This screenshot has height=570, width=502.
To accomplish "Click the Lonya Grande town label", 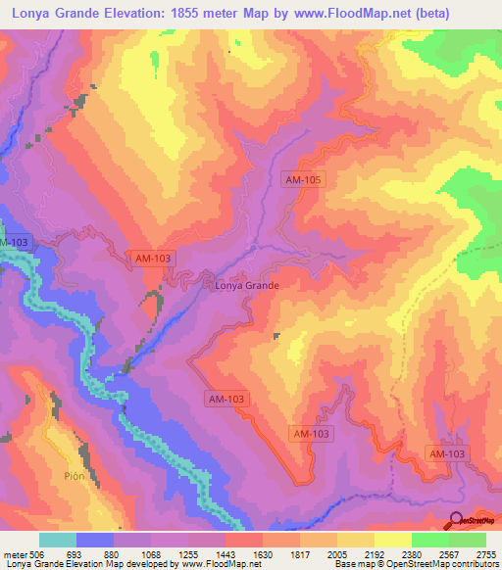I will pos(246,286).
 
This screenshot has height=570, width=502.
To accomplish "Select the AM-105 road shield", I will pos(301,179).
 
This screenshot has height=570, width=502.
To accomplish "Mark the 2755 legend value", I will pos(484,554).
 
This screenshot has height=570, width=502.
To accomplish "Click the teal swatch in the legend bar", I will pos(58,540).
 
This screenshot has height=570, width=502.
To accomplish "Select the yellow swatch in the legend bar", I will pos(392,540).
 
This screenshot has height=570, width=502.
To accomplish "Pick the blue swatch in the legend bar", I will pos(95,540).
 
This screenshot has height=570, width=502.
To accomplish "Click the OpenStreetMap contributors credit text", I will pos(445,565).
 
